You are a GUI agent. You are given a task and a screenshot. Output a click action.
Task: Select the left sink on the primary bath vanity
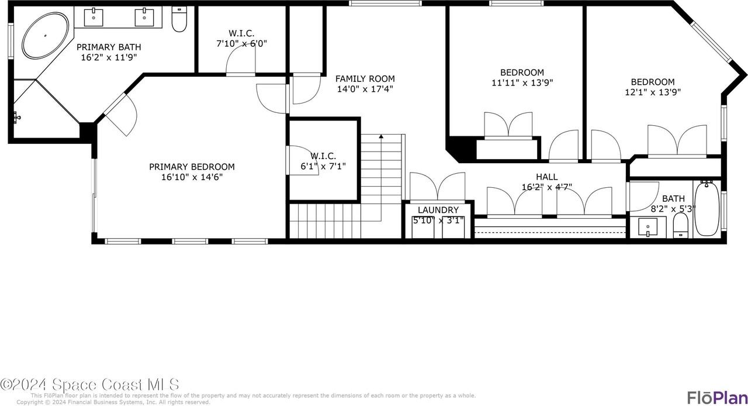point(93,18)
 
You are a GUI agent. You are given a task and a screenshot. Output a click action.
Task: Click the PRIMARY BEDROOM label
point(192,167)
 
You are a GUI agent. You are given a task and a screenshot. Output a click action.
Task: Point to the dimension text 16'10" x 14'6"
point(192,177)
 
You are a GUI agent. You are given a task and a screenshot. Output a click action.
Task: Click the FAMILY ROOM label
point(365,78)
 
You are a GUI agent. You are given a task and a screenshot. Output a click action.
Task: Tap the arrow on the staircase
point(381,137)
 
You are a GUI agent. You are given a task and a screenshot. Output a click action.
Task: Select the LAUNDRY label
point(438,210)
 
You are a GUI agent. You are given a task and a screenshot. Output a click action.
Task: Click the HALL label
point(546,177)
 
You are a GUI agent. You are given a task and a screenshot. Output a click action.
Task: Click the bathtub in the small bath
point(707,208)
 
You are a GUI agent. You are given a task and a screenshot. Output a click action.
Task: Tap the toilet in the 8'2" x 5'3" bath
point(681,226)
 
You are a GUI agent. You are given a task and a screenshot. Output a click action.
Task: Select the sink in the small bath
point(648,226)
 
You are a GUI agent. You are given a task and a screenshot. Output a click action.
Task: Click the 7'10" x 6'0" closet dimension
point(241,43)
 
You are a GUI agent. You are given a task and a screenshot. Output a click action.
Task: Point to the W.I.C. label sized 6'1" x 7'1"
point(323,156)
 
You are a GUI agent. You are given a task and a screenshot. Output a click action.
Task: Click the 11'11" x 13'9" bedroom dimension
point(522,82)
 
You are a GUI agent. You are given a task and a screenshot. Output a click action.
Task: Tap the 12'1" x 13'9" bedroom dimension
point(652,92)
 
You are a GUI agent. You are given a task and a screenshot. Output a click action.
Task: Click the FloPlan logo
point(716,397)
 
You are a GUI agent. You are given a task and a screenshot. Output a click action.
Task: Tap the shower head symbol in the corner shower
point(18,118)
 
